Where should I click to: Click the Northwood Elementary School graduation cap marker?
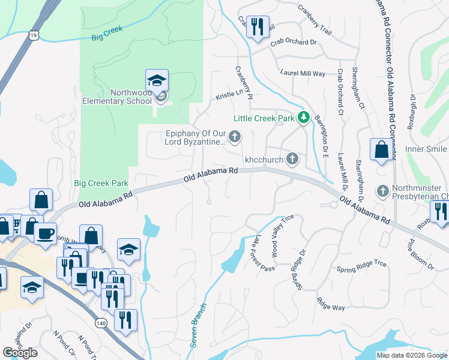point(157,81)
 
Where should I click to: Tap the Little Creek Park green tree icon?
point(304,118)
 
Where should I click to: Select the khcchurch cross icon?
point(292,159)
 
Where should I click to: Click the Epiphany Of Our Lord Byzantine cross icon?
point(235,137)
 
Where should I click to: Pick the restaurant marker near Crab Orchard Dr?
point(258,28)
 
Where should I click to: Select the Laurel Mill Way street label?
point(303,73)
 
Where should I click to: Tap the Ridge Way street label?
point(331,304)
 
